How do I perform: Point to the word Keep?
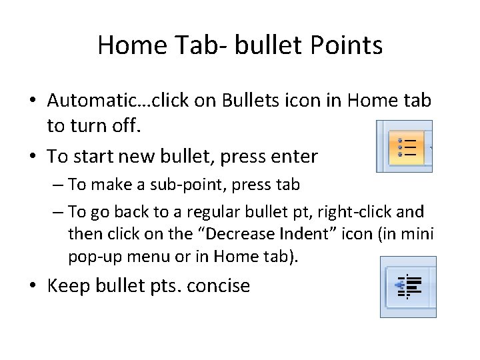coord(68,286)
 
